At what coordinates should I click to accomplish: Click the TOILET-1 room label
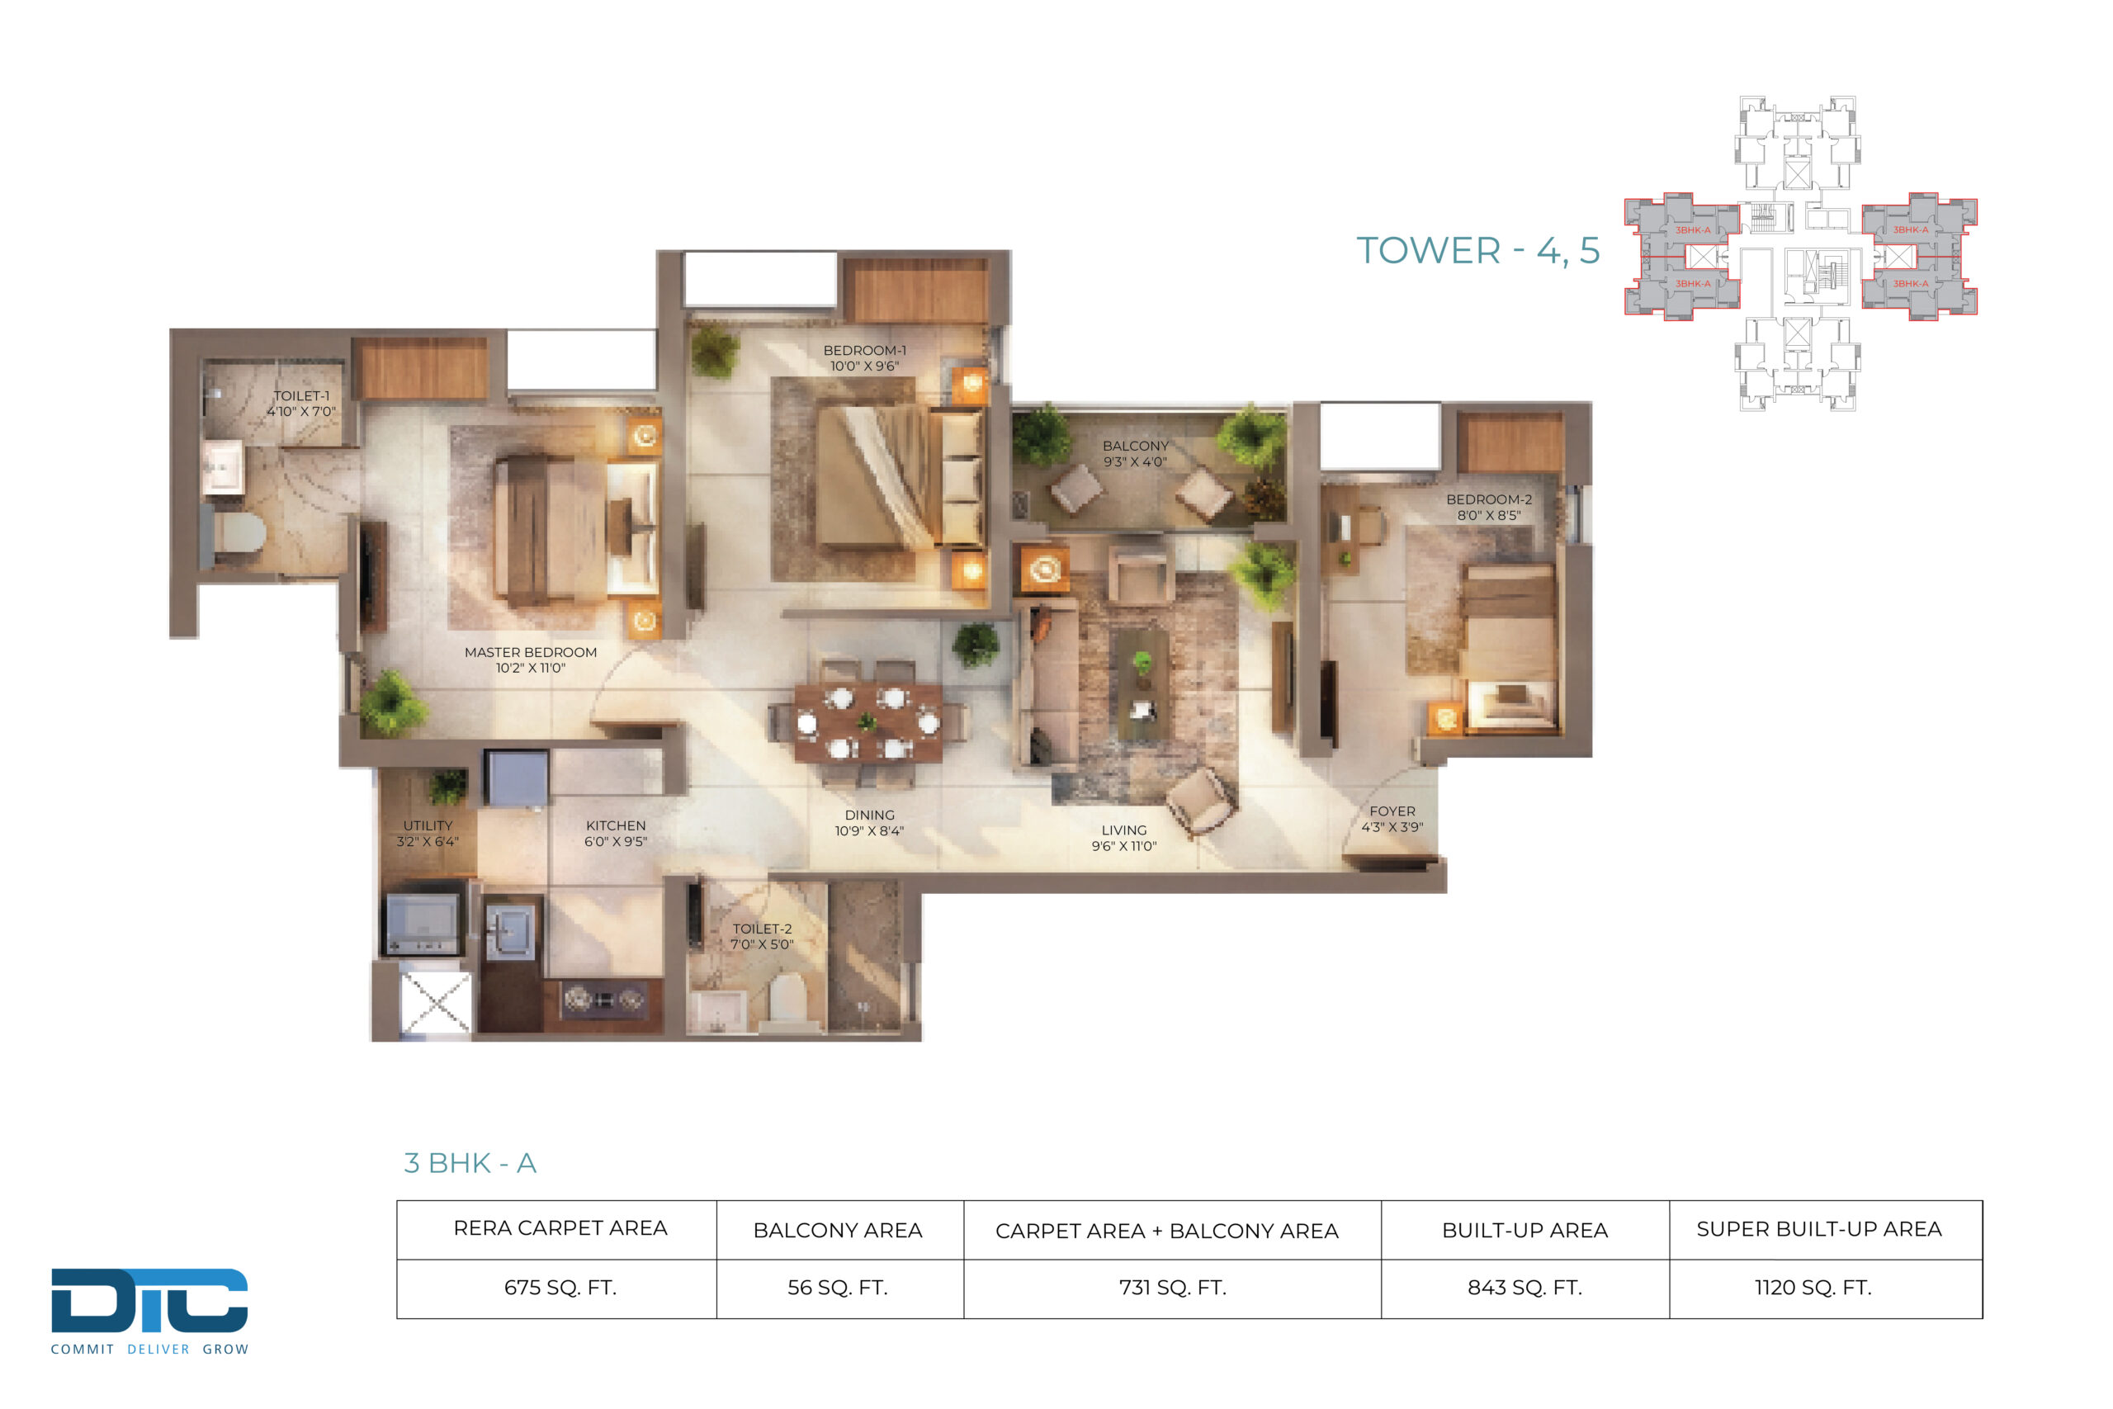click(x=301, y=396)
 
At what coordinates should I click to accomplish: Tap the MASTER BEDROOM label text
click(x=530, y=652)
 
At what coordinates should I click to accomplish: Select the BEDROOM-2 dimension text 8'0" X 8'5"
click(x=1489, y=516)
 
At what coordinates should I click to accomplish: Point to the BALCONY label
click(x=1136, y=446)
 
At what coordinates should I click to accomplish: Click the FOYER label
click(x=1392, y=811)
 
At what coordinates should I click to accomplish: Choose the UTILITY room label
click(x=428, y=825)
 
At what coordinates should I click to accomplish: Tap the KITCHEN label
click(x=616, y=825)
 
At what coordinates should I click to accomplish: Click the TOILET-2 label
click(x=762, y=929)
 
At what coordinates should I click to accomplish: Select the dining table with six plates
click(x=867, y=722)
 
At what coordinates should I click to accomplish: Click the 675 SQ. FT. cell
click(x=560, y=1288)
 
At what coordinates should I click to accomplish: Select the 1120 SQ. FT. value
click(x=1813, y=1288)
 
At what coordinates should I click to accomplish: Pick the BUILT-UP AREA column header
click(x=1524, y=1230)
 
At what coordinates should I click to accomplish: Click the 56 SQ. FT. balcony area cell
click(x=837, y=1288)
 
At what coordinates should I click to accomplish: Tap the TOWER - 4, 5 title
click(x=1477, y=251)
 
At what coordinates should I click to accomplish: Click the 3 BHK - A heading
click(x=470, y=1163)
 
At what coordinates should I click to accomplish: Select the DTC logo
click(x=149, y=1300)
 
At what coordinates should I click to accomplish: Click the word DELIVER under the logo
click(x=158, y=1350)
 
